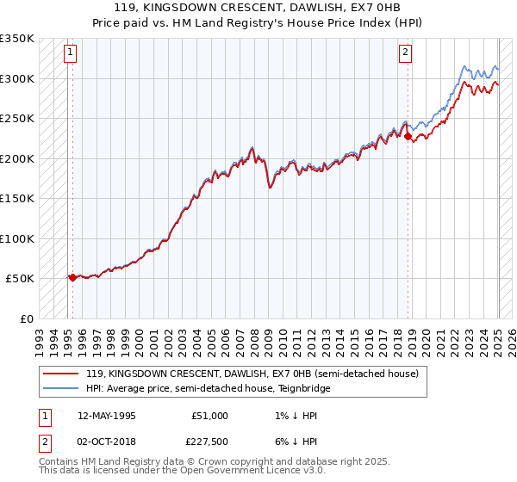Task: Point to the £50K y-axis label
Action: pos(18,279)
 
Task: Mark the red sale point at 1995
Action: pos(72,277)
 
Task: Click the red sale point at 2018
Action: pos(408,136)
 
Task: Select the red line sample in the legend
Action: pos(60,374)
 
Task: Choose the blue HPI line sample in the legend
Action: pos(60,388)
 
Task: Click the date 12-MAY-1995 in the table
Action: pos(107,416)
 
